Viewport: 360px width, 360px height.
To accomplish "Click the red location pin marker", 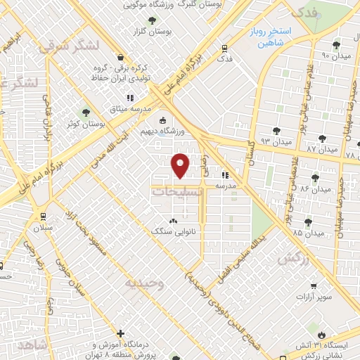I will [x=180, y=165].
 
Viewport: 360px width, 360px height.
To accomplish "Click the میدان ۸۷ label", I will [x=321, y=150].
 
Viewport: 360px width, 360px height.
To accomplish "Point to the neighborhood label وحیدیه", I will [x=144, y=283].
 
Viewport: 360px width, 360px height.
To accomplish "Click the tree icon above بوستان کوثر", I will [x=86, y=112].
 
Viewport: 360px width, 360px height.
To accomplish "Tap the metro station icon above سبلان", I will [x=44, y=217].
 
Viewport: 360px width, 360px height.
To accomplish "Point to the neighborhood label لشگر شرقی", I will [x=64, y=46].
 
